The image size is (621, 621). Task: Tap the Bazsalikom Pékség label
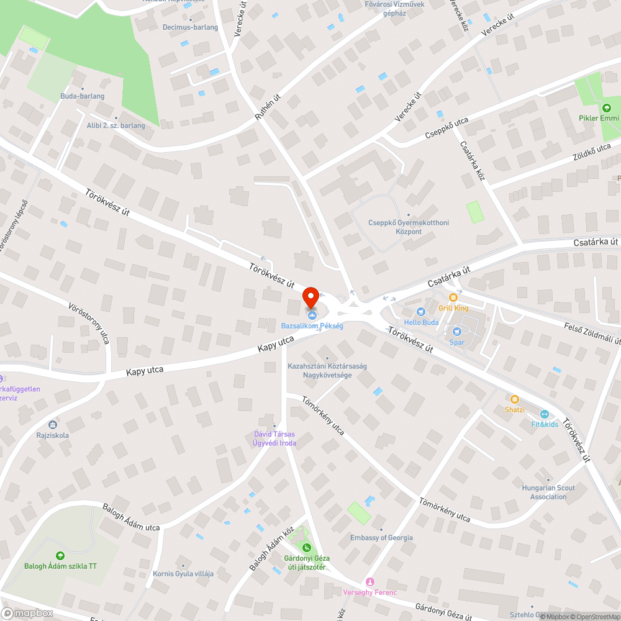pyautogui.click(x=312, y=325)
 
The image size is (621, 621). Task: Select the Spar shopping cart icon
pyautogui.click(x=457, y=332)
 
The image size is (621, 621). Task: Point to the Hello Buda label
pyautogui.click(x=421, y=322)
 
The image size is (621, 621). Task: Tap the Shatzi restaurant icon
pyautogui.click(x=514, y=399)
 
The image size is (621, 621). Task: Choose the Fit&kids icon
pyautogui.click(x=544, y=414)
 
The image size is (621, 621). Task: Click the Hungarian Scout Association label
pyautogui.click(x=548, y=492)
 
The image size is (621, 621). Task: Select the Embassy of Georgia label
pyautogui.click(x=381, y=537)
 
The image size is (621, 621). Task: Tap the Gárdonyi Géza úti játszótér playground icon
pyautogui.click(x=306, y=547)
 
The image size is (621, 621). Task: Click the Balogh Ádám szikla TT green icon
pyautogui.click(x=60, y=556)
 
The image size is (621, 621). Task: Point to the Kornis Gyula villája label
pyautogui.click(x=183, y=573)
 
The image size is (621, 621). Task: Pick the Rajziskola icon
pyautogui.click(x=52, y=425)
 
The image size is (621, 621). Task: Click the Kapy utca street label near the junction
pyautogui.click(x=276, y=345)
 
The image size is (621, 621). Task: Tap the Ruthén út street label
pyautogui.click(x=268, y=106)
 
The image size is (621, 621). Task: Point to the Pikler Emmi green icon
pyautogui.click(x=607, y=108)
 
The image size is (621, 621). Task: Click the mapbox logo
pyautogui.click(x=28, y=613)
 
